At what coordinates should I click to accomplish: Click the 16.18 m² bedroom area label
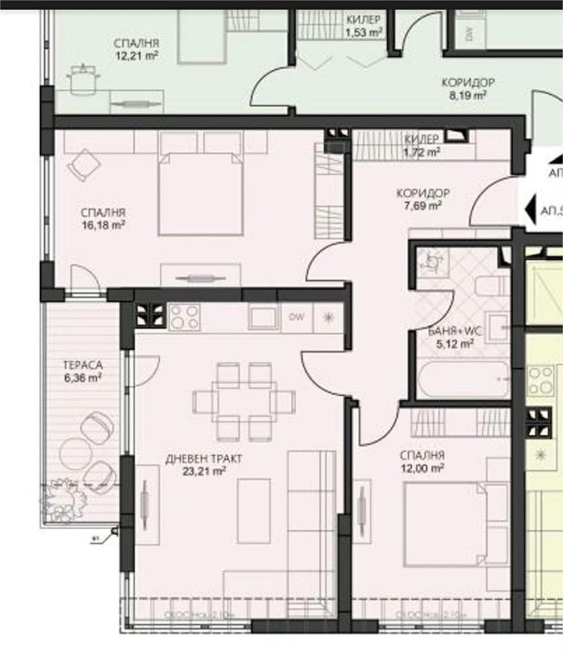click(x=103, y=226)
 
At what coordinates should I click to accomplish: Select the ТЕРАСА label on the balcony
click(x=83, y=365)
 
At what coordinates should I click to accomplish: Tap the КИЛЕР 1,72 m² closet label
click(x=422, y=144)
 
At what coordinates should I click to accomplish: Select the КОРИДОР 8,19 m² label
click(x=464, y=87)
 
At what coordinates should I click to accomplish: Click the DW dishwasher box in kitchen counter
click(x=296, y=317)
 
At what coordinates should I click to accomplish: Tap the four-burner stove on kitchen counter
click(x=184, y=317)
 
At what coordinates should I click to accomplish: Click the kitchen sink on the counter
click(x=264, y=317)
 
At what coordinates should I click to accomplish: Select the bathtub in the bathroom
click(x=462, y=380)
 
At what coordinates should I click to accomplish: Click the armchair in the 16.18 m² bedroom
click(x=84, y=166)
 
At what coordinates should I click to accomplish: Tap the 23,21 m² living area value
click(x=204, y=472)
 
